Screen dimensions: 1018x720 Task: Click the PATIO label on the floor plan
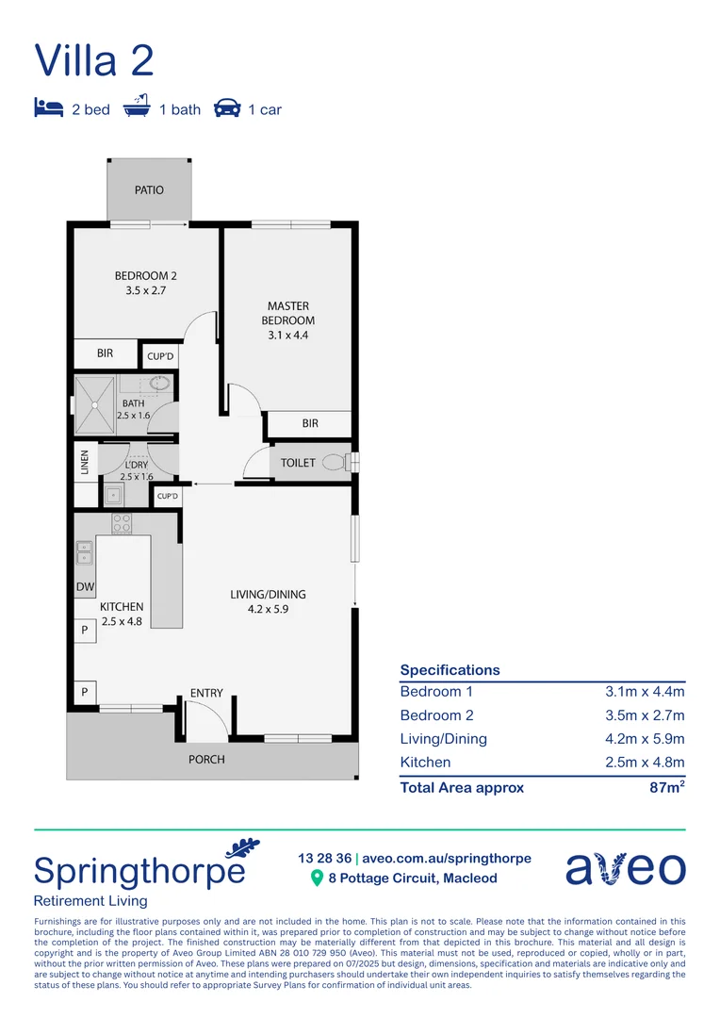[149, 190]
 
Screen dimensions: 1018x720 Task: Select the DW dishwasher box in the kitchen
[85, 588]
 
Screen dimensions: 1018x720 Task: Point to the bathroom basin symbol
[160, 385]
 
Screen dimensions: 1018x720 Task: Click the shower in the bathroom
[95, 403]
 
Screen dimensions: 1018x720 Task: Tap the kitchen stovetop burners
[123, 523]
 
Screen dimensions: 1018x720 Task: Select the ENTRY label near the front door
[206, 694]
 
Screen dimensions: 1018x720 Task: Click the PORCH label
[206, 759]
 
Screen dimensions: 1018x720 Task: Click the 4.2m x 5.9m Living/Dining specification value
[645, 739]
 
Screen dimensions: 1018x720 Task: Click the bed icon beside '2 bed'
[48, 107]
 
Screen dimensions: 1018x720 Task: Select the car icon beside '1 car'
[227, 107]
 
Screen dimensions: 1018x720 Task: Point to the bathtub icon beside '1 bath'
[138, 107]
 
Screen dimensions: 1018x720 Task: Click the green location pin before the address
[317, 878]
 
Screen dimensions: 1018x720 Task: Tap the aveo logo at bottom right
[625, 867]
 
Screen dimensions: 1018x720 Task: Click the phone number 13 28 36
[324, 859]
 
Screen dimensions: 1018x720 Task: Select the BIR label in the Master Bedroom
[310, 424]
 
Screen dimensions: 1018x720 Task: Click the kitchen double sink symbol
[84, 552]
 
